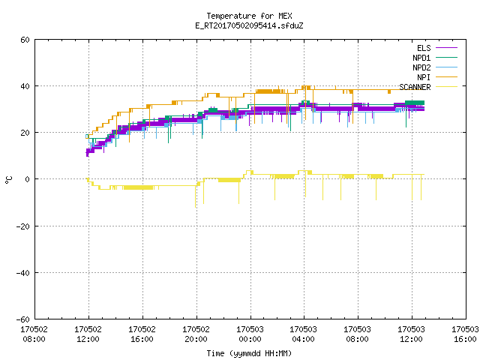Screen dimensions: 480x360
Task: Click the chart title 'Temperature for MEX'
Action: point(249,16)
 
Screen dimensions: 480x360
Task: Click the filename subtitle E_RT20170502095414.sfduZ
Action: point(249,25)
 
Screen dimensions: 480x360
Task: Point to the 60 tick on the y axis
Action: point(25,40)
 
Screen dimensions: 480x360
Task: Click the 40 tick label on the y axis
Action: point(25,86)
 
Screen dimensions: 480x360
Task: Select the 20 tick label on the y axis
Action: point(25,133)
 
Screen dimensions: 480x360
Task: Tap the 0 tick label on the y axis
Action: point(27,179)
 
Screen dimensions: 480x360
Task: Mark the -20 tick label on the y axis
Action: point(23,226)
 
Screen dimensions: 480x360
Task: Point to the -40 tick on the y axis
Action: point(23,273)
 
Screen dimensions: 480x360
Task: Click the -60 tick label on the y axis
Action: point(23,319)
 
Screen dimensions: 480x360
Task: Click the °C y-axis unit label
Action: point(8,180)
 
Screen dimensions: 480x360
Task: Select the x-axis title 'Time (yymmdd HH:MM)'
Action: point(249,353)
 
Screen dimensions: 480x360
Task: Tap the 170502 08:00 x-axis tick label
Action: point(34,334)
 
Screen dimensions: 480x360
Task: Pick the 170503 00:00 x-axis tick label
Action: point(250,334)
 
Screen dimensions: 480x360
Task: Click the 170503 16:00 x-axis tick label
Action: point(465,334)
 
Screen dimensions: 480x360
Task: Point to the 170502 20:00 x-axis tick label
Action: point(196,334)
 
